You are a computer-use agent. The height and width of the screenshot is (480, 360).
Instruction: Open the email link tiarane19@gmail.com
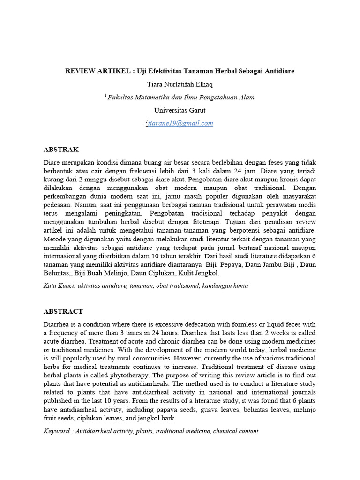(180, 123)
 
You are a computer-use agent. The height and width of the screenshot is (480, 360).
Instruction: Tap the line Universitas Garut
(180, 110)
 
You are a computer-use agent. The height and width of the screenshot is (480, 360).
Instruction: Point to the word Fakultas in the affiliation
(120, 97)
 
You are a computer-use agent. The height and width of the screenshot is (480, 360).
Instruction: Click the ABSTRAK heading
(61, 150)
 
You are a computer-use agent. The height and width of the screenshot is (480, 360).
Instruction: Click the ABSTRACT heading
(63, 311)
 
